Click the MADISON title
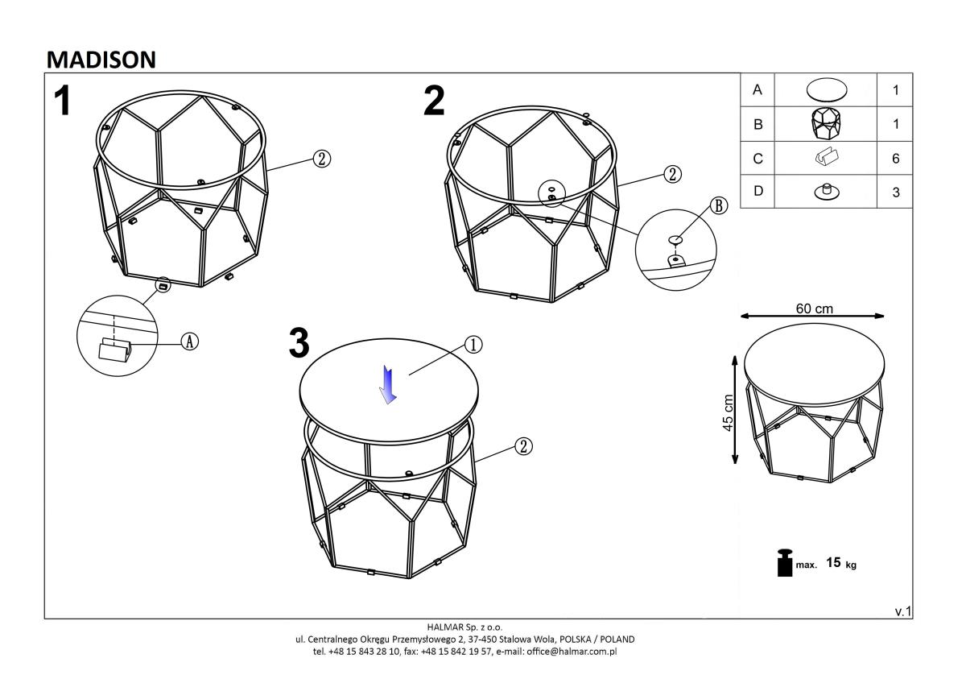101,60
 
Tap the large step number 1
63,101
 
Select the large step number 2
434,101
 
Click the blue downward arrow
388,384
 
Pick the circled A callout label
189,342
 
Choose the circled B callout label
718,206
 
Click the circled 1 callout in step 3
473,345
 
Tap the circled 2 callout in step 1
322,159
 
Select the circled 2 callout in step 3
523,446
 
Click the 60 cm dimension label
814,308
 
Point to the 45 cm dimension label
728,412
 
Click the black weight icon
785,563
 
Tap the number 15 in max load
833,562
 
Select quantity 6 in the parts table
896,159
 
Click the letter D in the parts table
758,191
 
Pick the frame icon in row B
826,124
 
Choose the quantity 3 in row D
896,192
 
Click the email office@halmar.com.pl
572,652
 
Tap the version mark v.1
903,611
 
